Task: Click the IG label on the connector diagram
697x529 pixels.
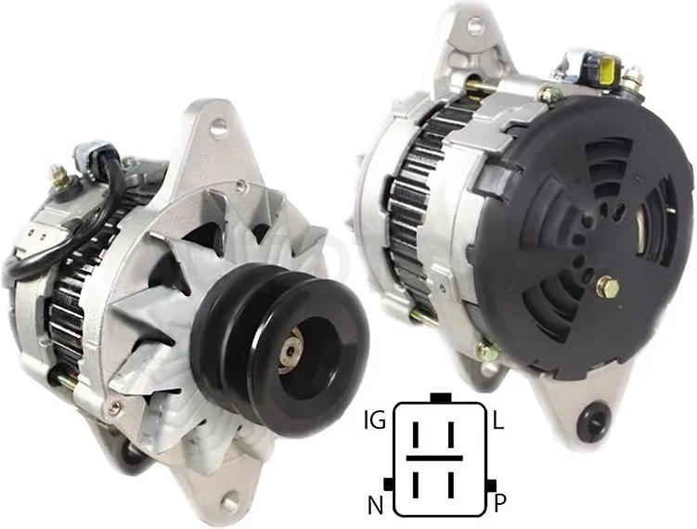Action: tap(375, 420)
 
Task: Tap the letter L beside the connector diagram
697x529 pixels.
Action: tap(498, 420)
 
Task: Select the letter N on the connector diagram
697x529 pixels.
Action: tap(375, 505)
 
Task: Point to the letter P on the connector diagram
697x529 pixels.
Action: tap(500, 504)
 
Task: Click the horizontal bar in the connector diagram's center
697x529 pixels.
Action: tap(434, 458)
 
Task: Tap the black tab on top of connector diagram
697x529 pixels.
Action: tap(442, 397)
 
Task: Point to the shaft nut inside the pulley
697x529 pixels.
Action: tap(291, 353)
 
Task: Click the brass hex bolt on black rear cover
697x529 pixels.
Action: tap(607, 287)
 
